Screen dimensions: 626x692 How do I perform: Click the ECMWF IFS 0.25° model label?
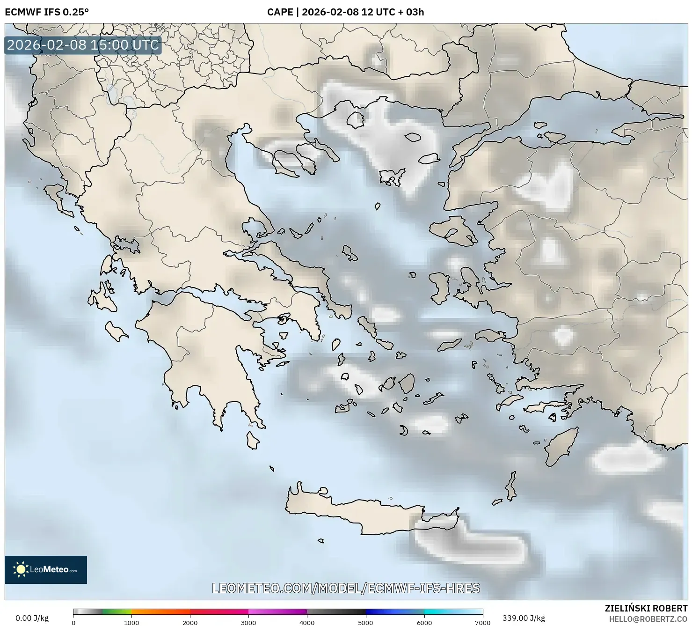[x=46, y=12]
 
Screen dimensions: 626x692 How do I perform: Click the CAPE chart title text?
[x=345, y=12]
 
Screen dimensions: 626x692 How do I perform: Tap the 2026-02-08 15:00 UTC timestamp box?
[x=83, y=45]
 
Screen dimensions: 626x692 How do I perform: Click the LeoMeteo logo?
[x=46, y=569]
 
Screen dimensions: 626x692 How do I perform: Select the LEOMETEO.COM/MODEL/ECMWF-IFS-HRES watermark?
[x=346, y=588]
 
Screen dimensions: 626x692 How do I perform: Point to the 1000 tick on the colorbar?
[x=131, y=622]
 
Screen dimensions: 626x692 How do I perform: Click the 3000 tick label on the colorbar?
[x=248, y=622]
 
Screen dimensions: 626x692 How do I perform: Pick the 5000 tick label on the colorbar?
[x=365, y=622]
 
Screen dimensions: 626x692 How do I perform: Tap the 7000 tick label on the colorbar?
[x=482, y=622]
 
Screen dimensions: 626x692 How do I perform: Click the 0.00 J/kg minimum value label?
[x=32, y=618]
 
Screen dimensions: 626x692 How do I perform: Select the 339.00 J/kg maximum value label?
[x=523, y=618]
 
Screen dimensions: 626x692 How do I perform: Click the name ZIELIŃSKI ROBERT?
[x=646, y=609]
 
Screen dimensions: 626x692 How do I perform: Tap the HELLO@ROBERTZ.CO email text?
[x=648, y=619]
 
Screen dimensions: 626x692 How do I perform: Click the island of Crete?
[x=356, y=513]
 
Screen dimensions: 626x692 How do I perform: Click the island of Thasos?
[x=355, y=120]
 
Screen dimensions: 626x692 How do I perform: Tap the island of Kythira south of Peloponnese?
[x=253, y=440]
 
